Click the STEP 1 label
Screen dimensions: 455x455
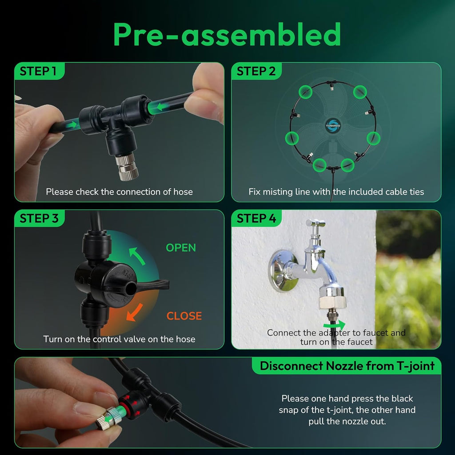tap(38, 71)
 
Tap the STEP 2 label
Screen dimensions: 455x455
tap(256, 71)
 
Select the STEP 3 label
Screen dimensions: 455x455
tap(39, 218)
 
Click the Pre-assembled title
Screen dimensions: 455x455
tap(227, 35)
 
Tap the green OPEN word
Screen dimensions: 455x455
tap(181, 247)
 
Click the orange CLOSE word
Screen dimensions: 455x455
tap(184, 316)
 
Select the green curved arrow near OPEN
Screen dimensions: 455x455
tap(137, 256)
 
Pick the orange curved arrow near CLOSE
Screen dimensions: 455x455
tap(135, 312)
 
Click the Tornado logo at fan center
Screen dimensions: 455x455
tap(332, 126)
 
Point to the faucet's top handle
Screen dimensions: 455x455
tap(315, 224)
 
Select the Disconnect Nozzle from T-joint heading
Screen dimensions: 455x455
tap(347, 366)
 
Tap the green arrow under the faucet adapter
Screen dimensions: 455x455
tap(335, 325)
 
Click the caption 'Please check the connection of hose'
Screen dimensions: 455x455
tap(119, 192)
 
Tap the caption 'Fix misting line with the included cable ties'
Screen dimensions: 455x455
tap(336, 192)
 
